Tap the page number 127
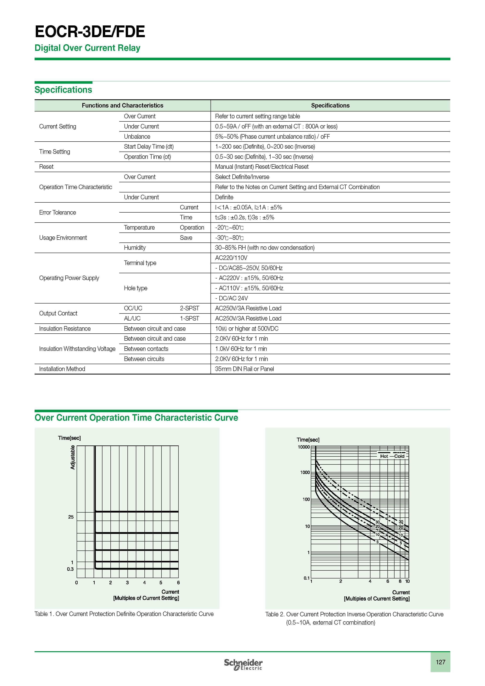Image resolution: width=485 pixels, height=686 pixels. pos(440,662)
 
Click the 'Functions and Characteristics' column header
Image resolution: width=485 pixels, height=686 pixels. pos(122,105)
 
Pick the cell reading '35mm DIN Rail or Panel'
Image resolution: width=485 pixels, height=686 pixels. pos(244,369)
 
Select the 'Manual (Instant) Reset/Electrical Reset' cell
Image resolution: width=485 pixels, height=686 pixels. pos(262,167)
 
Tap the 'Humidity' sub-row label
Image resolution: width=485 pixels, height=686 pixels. pos(135,248)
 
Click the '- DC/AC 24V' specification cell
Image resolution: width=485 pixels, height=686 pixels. pos(231,298)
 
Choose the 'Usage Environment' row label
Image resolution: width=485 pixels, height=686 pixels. pos(63,238)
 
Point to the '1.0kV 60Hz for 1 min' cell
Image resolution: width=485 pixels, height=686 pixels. pos(241,349)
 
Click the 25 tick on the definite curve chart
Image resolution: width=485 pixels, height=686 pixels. pos(71,517)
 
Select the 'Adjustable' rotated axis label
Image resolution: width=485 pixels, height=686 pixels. pos(73,457)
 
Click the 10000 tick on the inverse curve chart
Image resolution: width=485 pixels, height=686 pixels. pos(304,447)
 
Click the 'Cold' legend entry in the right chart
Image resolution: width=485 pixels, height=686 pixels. pos(399,456)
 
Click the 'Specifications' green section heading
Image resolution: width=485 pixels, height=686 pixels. pos(63,90)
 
